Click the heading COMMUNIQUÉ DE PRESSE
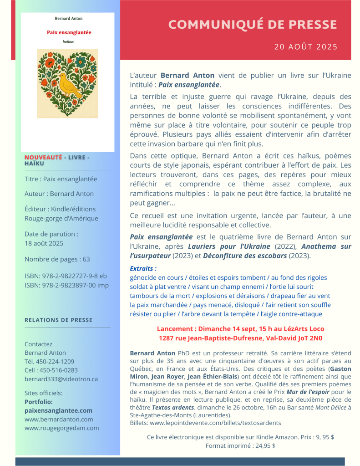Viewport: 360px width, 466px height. (253, 24)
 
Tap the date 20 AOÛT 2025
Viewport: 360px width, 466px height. (306, 46)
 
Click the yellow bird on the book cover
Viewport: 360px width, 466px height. (69, 85)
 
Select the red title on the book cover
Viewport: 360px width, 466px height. (69, 32)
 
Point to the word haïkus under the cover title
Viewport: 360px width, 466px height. (68, 41)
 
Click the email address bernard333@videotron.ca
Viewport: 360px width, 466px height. (61, 379)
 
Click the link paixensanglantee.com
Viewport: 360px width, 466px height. (58, 410)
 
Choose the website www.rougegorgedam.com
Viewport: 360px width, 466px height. (61, 428)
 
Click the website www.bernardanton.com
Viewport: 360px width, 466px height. (59, 419)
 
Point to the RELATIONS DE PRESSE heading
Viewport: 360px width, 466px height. (58, 320)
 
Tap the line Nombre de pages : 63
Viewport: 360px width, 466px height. (57, 259)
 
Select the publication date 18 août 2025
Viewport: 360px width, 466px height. (44, 243)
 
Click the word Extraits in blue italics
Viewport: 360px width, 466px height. (143, 268)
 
